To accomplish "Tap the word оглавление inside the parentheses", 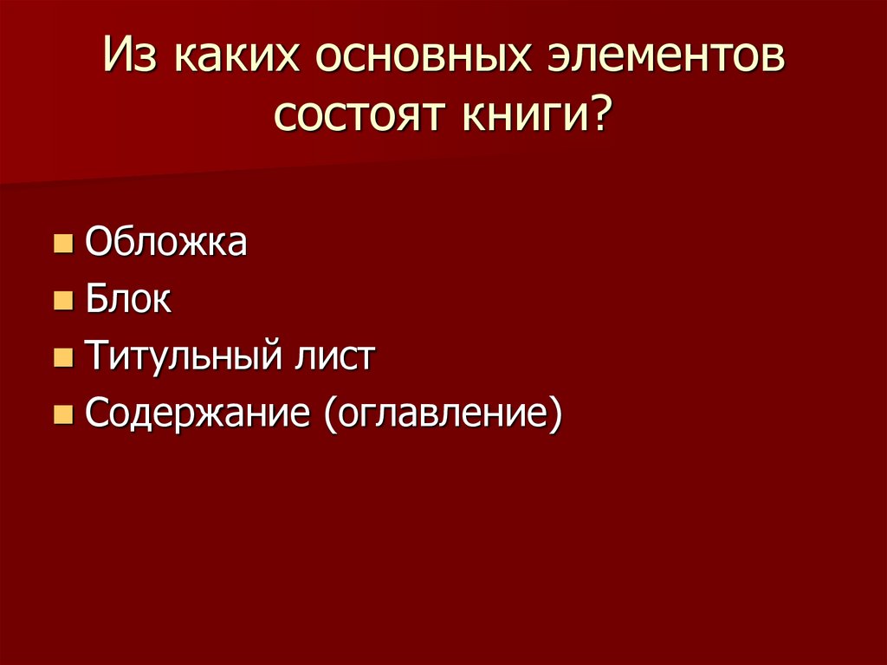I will (x=443, y=414).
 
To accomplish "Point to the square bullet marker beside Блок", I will (x=62, y=301).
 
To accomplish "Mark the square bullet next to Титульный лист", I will (x=62, y=358).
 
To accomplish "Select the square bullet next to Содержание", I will (x=62, y=415).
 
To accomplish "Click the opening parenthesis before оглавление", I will (x=331, y=414).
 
